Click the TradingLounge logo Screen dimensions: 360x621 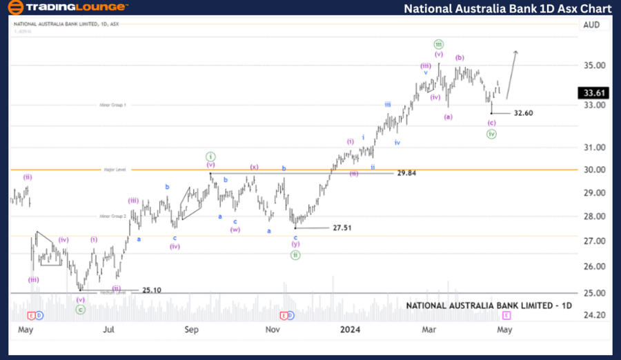(x=68, y=8)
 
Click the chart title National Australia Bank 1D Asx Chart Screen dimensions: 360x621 (x=507, y=8)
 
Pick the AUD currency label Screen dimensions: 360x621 (x=591, y=24)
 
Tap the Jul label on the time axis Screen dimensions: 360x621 (x=109, y=330)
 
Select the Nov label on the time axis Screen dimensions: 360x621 (x=273, y=330)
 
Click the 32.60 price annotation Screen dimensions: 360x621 (x=523, y=113)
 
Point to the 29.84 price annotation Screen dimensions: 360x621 (x=406, y=173)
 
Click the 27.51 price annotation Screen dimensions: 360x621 (x=342, y=228)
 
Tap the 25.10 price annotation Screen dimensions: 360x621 (x=151, y=290)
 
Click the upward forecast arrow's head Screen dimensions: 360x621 (x=516, y=52)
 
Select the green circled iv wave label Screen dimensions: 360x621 (x=491, y=134)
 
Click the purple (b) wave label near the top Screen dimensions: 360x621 (x=460, y=58)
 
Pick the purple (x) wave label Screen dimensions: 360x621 (x=254, y=167)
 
